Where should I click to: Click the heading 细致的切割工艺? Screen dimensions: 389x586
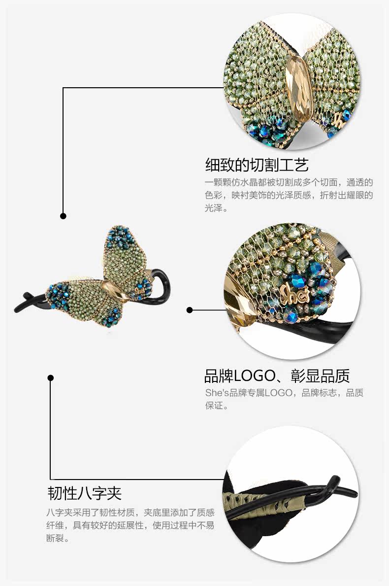coord(257,164)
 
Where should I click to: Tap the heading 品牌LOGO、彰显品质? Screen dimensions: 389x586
coord(277,376)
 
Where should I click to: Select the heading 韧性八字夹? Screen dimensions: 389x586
coord(84,493)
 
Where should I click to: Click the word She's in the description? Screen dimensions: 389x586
coord(217,393)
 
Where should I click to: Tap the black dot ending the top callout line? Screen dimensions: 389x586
coord(63,216)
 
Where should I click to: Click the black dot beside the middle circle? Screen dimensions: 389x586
coord(190,310)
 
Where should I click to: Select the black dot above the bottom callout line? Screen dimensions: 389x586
coord(50,378)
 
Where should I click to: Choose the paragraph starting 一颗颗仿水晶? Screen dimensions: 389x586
coord(289,195)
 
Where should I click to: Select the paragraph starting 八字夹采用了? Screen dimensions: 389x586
coord(130,525)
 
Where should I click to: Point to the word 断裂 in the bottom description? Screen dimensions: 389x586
coord(54,538)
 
